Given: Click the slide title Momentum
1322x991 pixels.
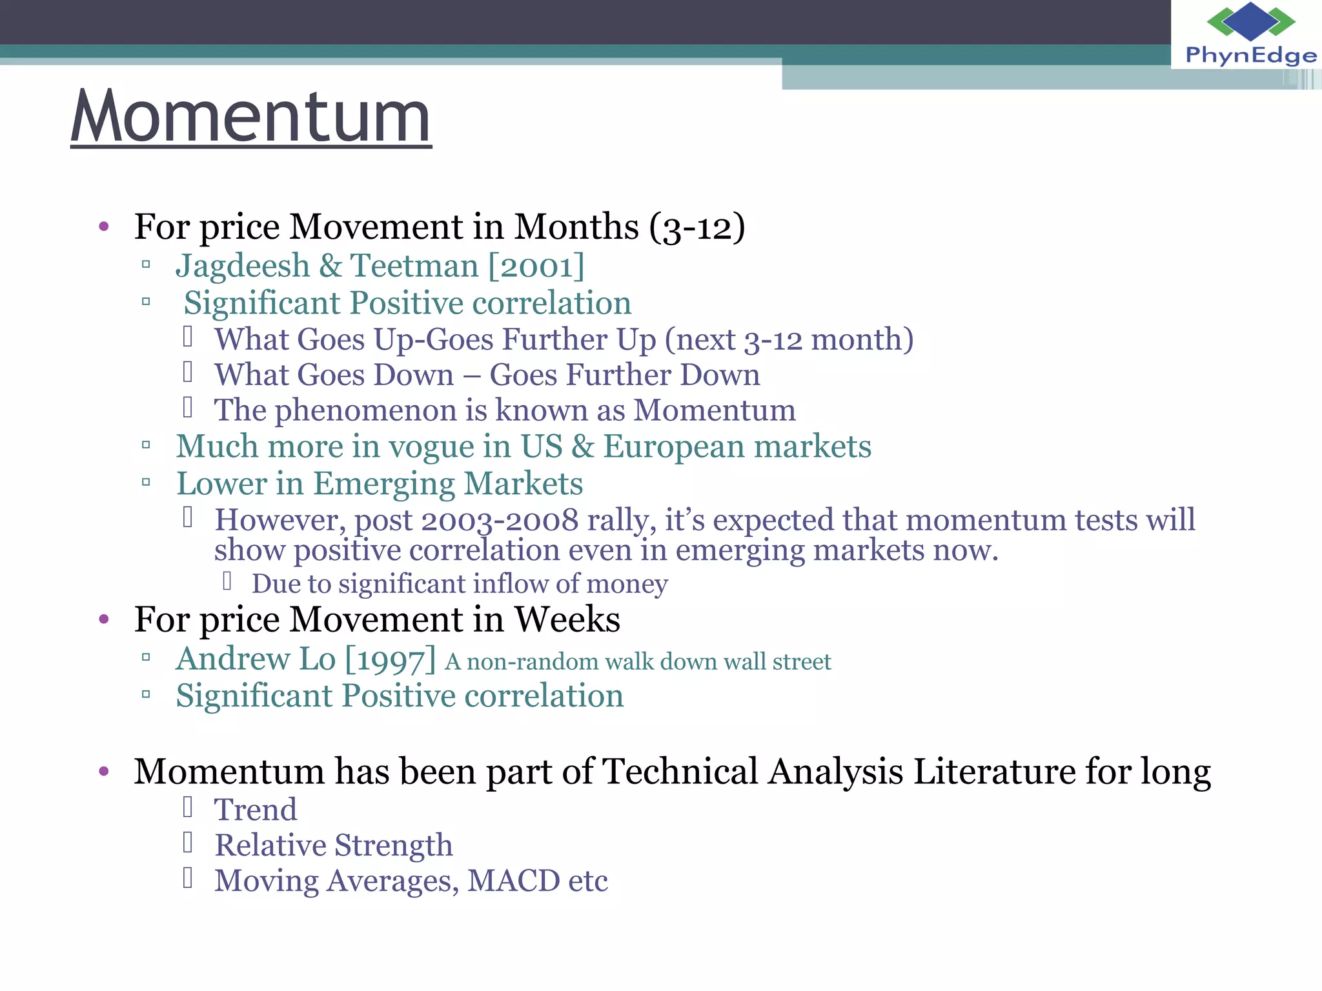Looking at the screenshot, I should pyautogui.click(x=250, y=117).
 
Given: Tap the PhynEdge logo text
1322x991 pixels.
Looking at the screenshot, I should pyautogui.click(x=1250, y=56).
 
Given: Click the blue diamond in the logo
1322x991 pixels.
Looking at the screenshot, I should pyautogui.click(x=1250, y=21).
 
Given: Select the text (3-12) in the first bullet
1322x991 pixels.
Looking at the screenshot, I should pyautogui.click(x=697, y=227).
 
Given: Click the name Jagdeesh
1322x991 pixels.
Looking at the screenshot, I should pyautogui.click(x=243, y=266).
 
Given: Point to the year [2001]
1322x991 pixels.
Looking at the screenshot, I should pyautogui.click(x=536, y=266).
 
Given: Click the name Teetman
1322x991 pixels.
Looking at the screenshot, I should pyautogui.click(x=414, y=266).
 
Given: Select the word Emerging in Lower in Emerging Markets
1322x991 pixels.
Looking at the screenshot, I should pyautogui.click(x=383, y=485).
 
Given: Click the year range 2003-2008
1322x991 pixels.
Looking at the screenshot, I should pyautogui.click(x=500, y=521).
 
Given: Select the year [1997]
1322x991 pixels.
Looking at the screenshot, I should pyautogui.click(x=391, y=659).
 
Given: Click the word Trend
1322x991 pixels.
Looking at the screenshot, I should pyautogui.click(x=256, y=810).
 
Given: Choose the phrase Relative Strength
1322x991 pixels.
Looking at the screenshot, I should pyautogui.click(x=334, y=846).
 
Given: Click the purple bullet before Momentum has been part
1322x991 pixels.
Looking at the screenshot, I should pyautogui.click(x=104, y=771).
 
